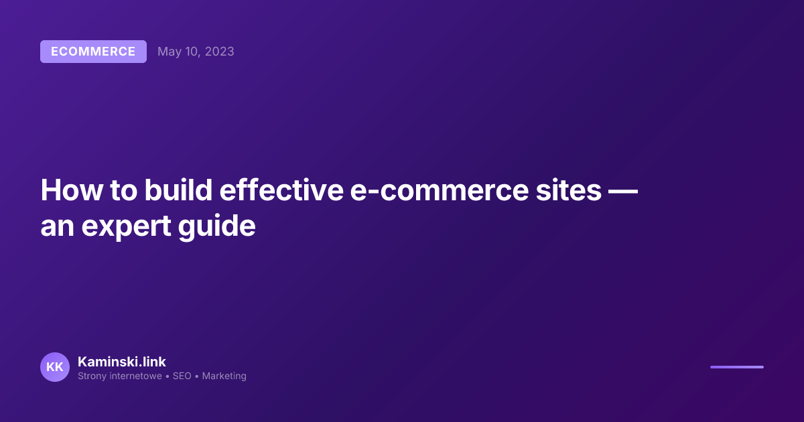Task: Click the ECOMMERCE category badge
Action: click(93, 52)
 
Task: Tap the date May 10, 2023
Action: click(196, 52)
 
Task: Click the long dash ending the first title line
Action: click(622, 191)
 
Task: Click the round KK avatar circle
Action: click(55, 367)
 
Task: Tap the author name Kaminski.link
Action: click(121, 362)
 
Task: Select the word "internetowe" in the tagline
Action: click(135, 376)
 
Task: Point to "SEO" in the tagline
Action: click(182, 376)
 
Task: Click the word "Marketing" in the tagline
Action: click(224, 376)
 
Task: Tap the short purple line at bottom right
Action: click(736, 367)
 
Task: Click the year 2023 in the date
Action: click(220, 52)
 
